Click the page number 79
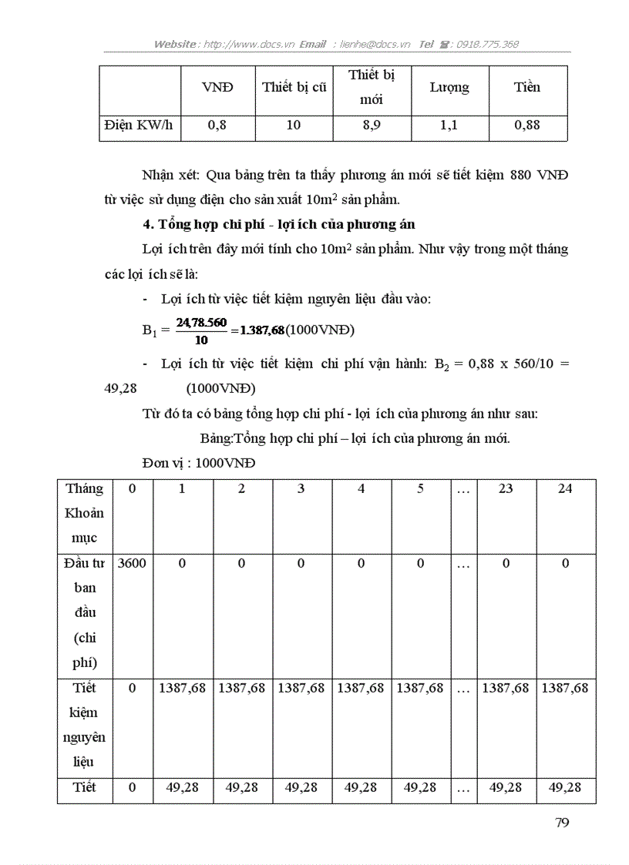[562, 822]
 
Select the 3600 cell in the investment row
[132, 563]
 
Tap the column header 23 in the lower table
[506, 488]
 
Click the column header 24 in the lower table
[565, 488]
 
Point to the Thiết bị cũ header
[294, 87]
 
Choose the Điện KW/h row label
[139, 125]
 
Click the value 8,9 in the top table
[372, 125]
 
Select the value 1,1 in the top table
[449, 125]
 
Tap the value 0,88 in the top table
[527, 125]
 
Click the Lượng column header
[449, 87]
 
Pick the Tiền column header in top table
[527, 87]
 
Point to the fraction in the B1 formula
[201, 330]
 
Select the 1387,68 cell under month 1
[182, 688]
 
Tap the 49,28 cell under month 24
[565, 787]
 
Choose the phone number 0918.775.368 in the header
[487, 44]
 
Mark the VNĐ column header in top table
[217, 87]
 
